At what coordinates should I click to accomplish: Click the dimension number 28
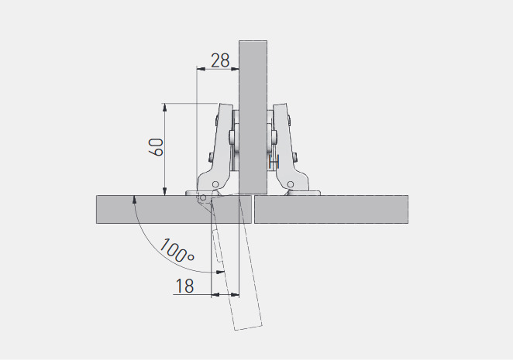click(x=220, y=60)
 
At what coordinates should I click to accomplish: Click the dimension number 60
click(x=157, y=147)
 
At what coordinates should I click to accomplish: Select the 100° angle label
click(x=177, y=251)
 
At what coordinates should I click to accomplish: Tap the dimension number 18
click(x=185, y=286)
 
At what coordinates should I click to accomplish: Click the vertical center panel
click(x=253, y=117)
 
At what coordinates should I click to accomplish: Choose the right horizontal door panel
click(x=331, y=209)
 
